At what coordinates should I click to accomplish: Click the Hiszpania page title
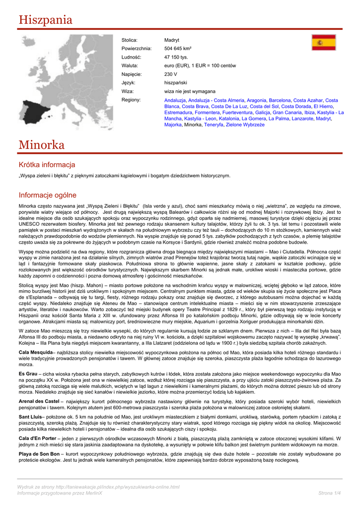coord(46,20)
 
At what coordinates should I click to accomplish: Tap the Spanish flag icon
coord(323,43)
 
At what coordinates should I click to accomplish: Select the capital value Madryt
coord(172,40)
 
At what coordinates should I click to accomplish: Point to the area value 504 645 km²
coord(178,49)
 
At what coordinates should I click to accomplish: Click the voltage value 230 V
coord(170,74)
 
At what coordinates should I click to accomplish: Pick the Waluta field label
coord(130,65)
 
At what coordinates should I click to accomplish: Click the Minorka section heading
coord(42,145)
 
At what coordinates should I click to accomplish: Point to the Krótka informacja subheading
coord(47,165)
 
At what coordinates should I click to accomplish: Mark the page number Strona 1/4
coord(329,493)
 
